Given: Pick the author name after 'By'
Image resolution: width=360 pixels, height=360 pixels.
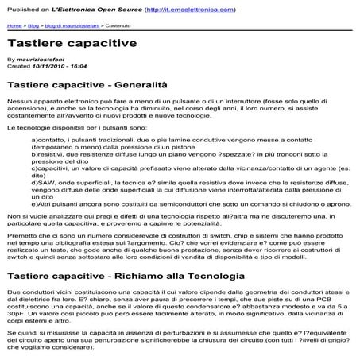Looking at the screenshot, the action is [40, 60].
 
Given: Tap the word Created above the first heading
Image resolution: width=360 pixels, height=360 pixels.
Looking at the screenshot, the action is [17, 67].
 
